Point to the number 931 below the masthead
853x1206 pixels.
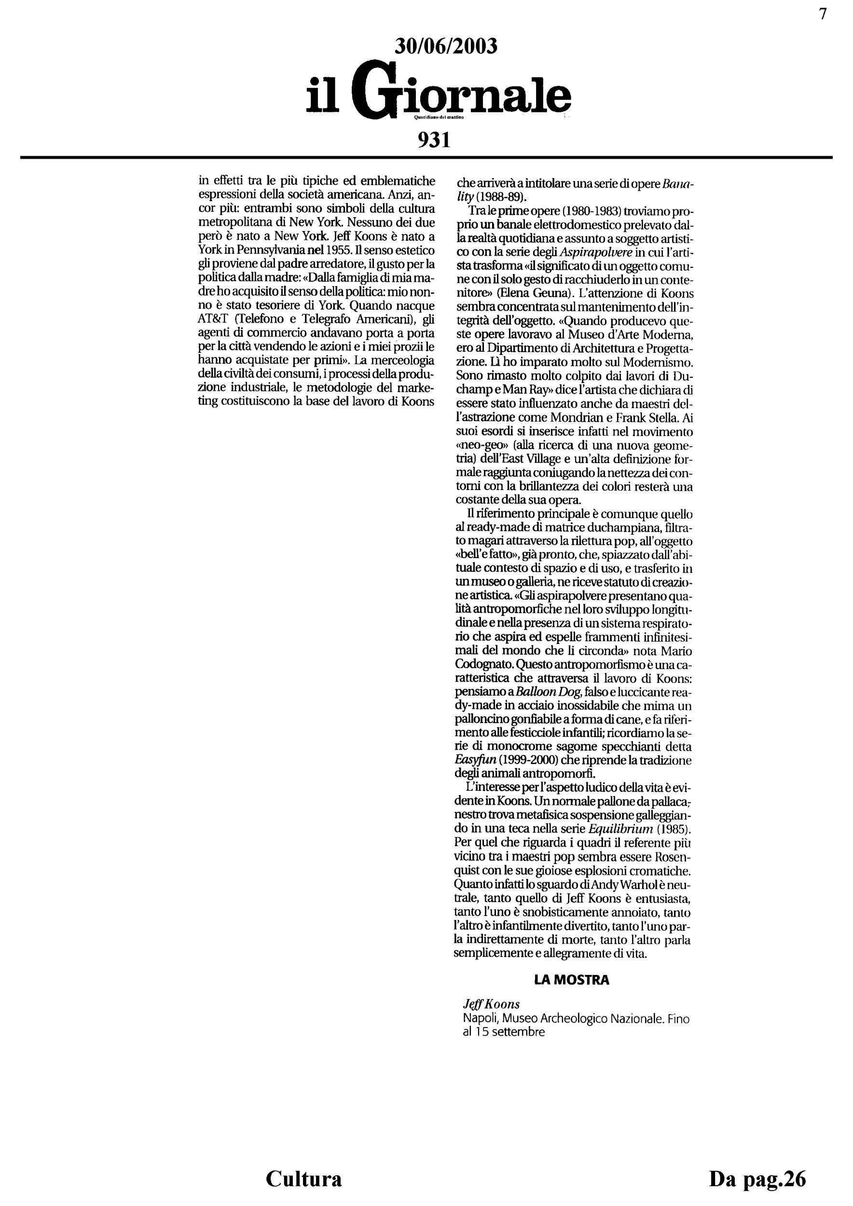pos(434,140)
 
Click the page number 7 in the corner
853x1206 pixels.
pos(823,14)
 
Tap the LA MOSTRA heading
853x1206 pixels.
pos(571,980)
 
